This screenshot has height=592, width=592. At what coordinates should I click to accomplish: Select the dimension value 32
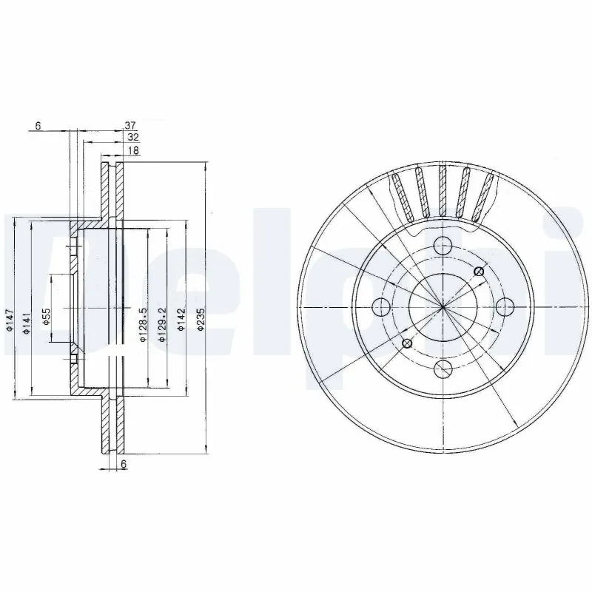[132, 137]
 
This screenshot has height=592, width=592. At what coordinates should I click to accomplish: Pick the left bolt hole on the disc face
[380, 306]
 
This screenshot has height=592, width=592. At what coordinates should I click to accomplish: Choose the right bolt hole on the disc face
[505, 306]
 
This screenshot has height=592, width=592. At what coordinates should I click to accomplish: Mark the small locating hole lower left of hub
[407, 342]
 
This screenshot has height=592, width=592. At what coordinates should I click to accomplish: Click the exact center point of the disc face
[443, 306]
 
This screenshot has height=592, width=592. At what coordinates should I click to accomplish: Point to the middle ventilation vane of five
[443, 191]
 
